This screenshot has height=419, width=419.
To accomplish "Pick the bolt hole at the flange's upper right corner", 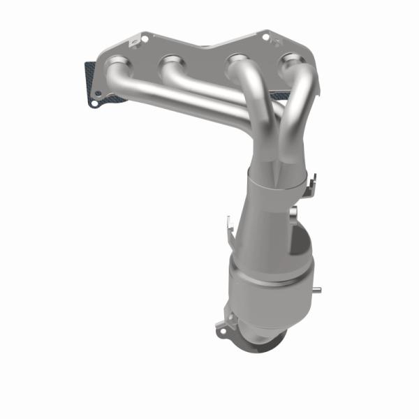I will pos(267,34).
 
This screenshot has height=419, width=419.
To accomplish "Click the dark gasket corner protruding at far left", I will pos(89,70).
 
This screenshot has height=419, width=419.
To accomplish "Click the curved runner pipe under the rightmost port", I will pos(297,105).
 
